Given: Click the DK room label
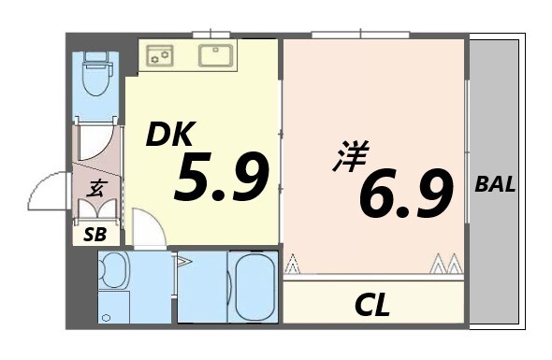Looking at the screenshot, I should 169,137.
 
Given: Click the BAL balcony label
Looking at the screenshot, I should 495,184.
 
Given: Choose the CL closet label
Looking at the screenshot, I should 371,305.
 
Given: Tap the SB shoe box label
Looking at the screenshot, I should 94,234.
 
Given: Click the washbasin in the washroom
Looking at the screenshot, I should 112,270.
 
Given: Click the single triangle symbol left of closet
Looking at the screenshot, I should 293,265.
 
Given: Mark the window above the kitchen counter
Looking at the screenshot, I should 211,35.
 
